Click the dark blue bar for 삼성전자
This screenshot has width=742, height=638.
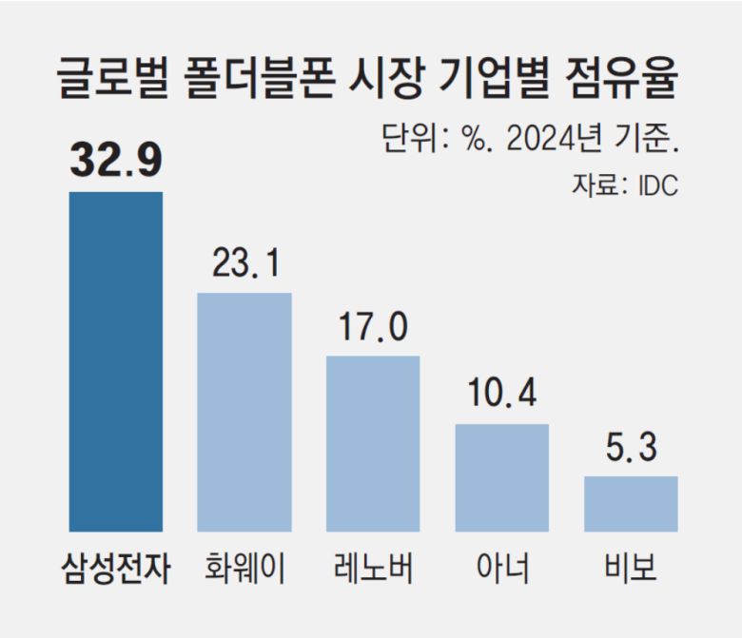pyautogui.click(x=116, y=361)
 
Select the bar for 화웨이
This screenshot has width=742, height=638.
pyautogui.click(x=244, y=412)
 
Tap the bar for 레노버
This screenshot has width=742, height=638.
pyautogui.click(x=373, y=443)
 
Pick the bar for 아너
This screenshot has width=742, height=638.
pyautogui.click(x=501, y=477)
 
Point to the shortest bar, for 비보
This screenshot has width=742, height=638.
pyautogui.click(x=631, y=504)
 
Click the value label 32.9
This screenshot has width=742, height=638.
pyautogui.click(x=115, y=160)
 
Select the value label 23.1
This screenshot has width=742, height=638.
pyautogui.click(x=244, y=262)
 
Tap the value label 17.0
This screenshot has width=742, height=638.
pyautogui.click(x=373, y=326)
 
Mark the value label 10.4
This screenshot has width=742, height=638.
pyautogui.click(x=501, y=393)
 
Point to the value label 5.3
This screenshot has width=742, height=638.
pyautogui.click(x=631, y=446)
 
